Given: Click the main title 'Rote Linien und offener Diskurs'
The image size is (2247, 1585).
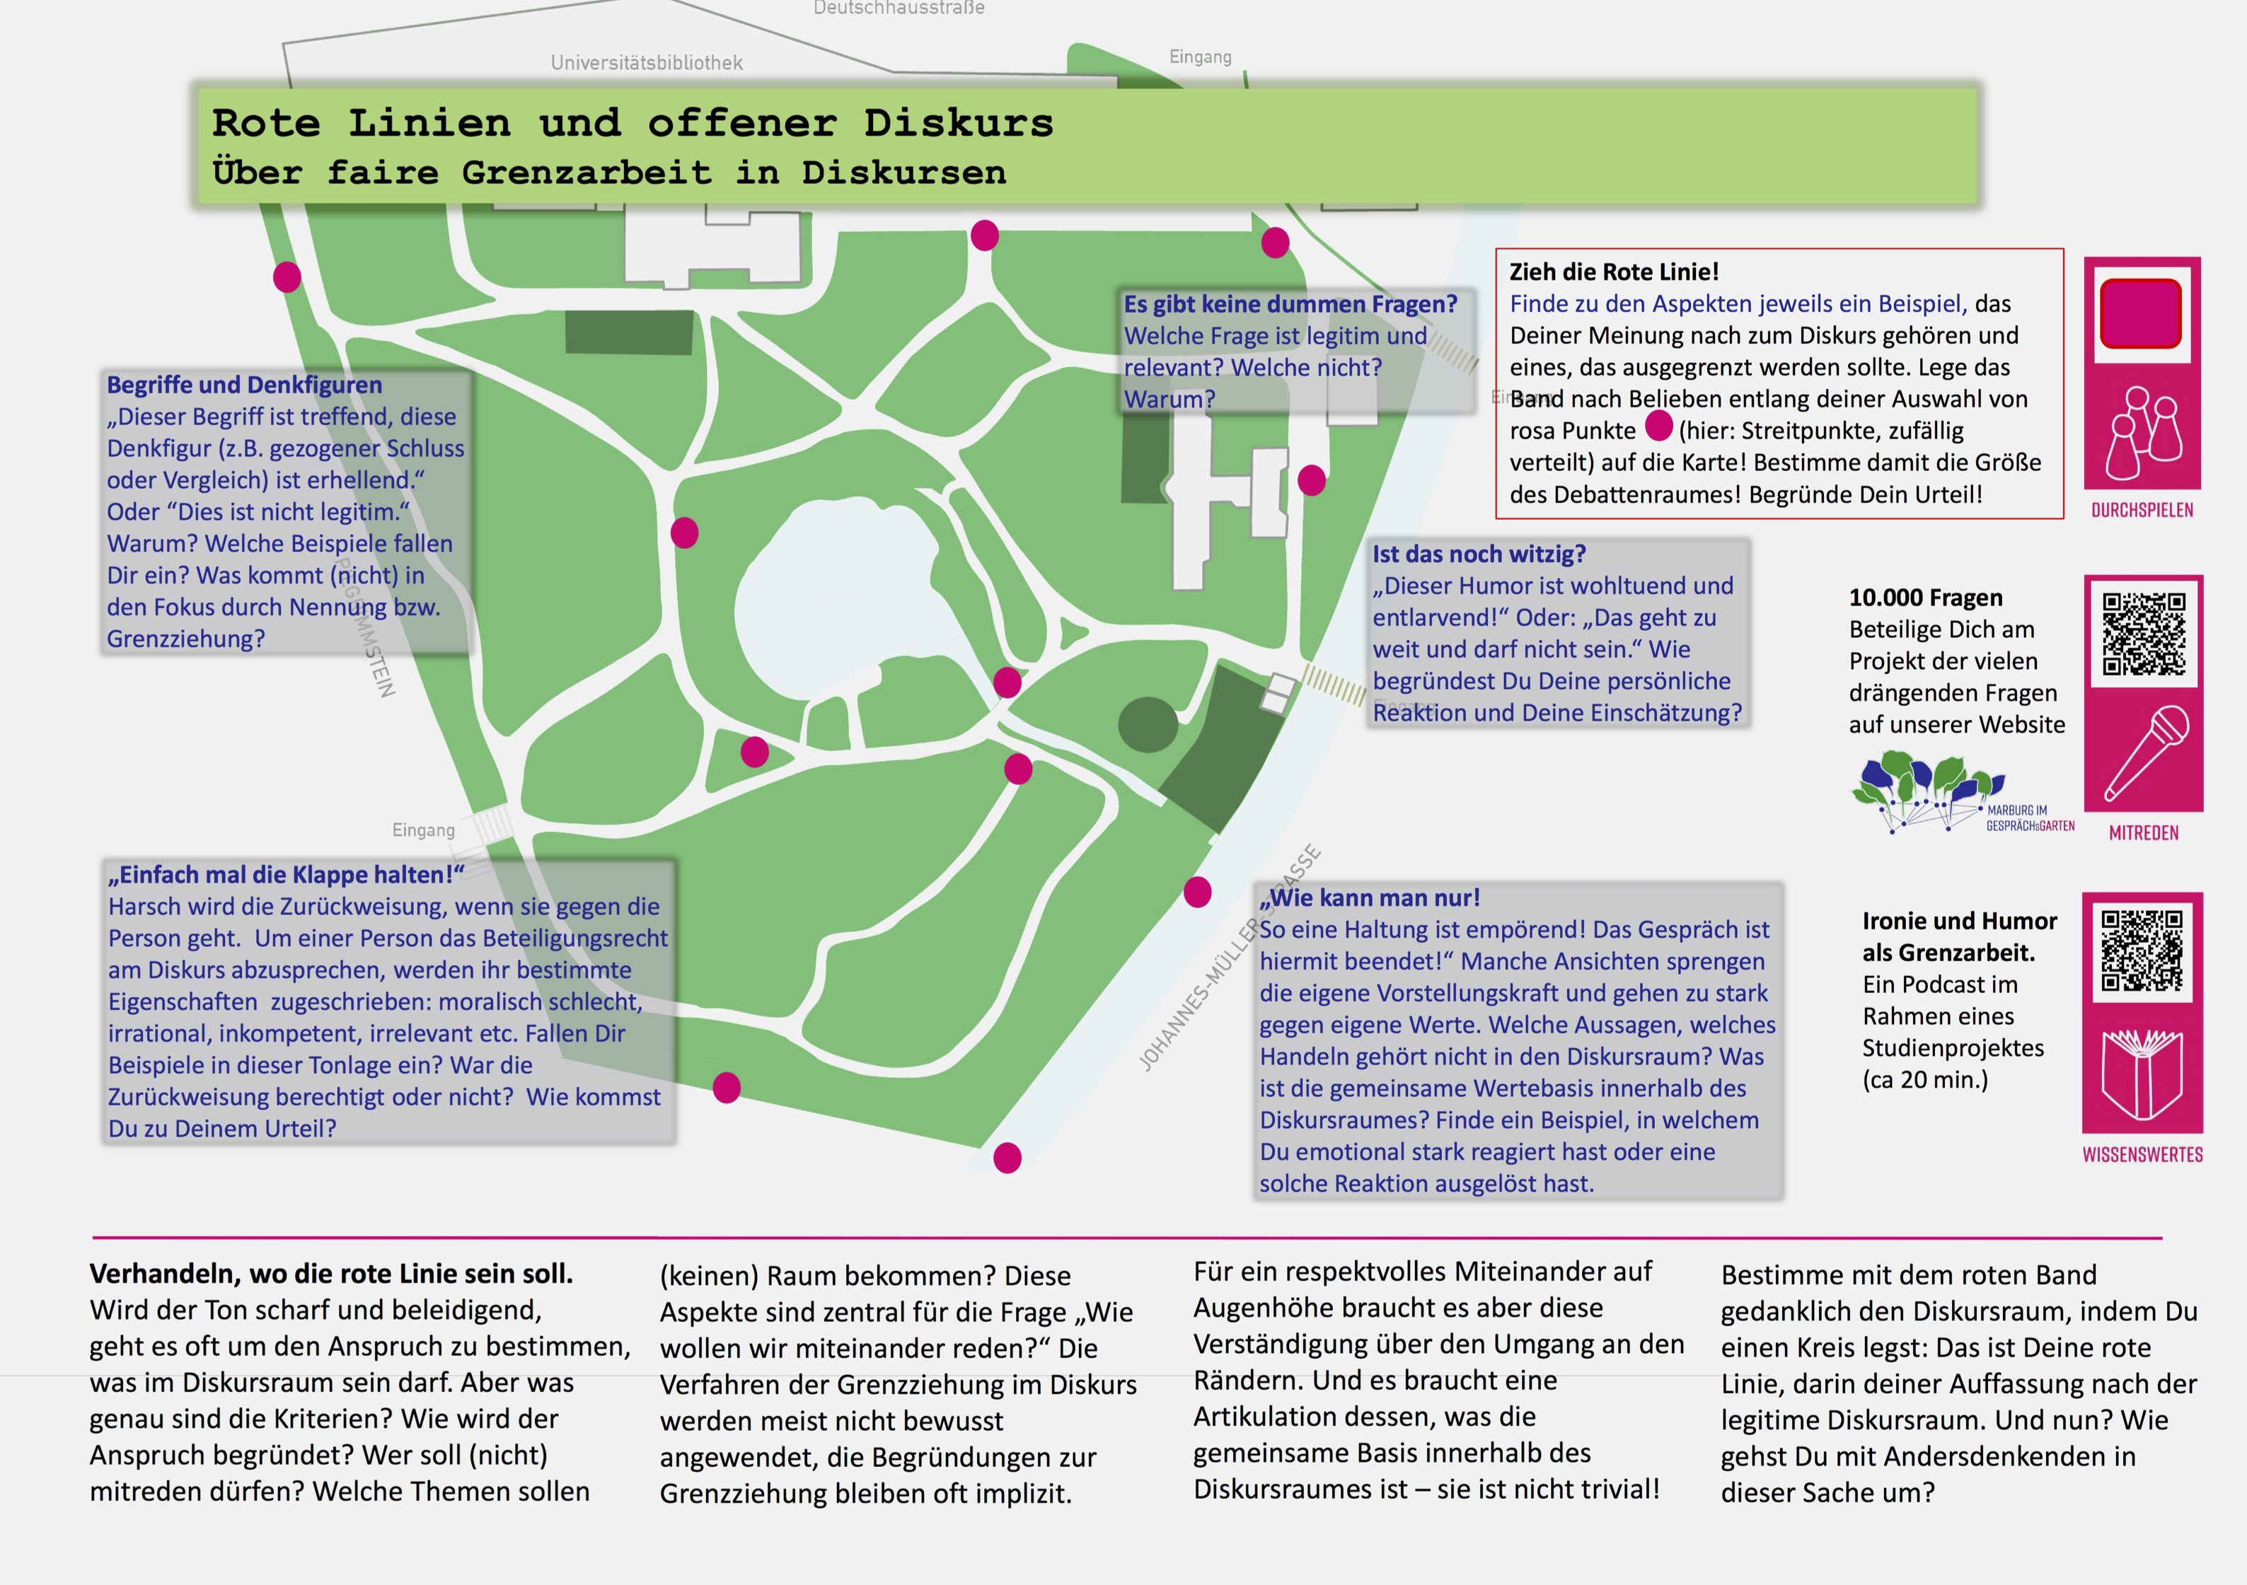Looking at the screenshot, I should (632, 123).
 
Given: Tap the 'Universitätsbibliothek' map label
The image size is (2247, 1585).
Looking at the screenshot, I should (646, 63).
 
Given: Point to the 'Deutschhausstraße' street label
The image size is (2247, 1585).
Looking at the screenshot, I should (899, 8).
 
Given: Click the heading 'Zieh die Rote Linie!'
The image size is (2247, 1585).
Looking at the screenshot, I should (1614, 272).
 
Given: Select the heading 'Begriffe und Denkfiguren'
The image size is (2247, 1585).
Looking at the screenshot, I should (243, 385).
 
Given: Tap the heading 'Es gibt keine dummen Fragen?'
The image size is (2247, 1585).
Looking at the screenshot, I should (1290, 304).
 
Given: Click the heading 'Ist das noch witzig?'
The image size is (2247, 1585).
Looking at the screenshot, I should (1478, 554).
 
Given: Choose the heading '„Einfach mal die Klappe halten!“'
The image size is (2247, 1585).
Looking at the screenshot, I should (287, 875).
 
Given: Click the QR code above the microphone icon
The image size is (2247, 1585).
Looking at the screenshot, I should (2143, 634).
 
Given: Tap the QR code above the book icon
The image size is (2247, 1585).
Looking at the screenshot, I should (2142, 950).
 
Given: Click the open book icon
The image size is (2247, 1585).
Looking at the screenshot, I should (2142, 1074).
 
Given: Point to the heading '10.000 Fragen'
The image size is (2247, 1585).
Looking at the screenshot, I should (1926, 598).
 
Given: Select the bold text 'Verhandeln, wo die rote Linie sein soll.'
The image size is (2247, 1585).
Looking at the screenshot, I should (331, 1274).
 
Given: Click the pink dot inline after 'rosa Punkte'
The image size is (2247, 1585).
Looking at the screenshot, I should (1659, 426).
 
